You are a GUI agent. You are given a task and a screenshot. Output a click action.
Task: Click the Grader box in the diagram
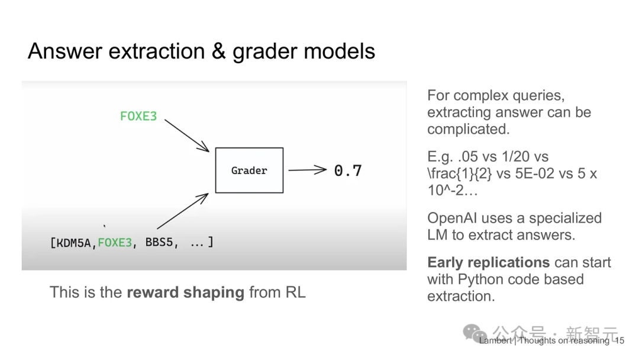pyautogui.click(x=249, y=171)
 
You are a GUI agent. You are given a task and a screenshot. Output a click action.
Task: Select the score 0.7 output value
pyautogui.click(x=348, y=171)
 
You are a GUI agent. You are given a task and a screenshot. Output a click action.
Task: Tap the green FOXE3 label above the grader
pyautogui.click(x=138, y=116)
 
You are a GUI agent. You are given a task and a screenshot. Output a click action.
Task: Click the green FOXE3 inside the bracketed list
pyautogui.click(x=115, y=242)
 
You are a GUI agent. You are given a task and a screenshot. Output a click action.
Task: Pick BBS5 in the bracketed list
pyautogui.click(x=162, y=242)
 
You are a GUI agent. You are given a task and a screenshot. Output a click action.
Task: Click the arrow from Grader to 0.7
pyautogui.click(x=307, y=171)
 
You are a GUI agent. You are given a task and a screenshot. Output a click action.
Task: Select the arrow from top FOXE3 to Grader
pyautogui.click(x=186, y=135)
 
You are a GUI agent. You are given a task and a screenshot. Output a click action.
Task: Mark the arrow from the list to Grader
pyautogui.click(x=182, y=211)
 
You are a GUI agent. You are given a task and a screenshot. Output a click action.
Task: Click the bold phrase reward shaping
pyautogui.click(x=185, y=292)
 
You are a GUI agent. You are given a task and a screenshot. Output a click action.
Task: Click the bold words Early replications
pyautogui.click(x=480, y=262)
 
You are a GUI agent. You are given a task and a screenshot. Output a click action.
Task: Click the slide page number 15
pyautogui.click(x=619, y=340)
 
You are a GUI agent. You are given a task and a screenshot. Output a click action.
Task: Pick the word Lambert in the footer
pyautogui.click(x=496, y=340)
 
